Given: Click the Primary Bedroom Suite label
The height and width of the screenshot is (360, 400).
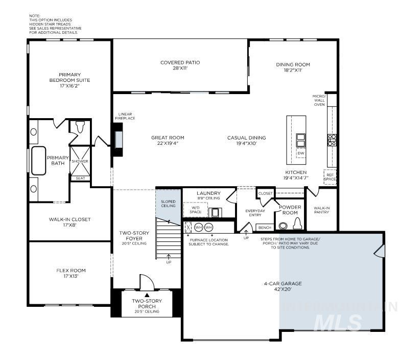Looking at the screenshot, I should [x=69, y=80].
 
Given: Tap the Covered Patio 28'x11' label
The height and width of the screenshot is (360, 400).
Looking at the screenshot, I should [x=180, y=65].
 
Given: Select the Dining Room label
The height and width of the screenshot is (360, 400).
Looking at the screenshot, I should [x=293, y=67].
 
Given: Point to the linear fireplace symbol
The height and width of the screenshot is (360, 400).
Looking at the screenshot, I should [x=119, y=139].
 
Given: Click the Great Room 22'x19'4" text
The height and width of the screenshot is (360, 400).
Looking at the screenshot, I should [x=168, y=141].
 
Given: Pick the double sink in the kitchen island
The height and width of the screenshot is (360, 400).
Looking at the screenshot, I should [x=300, y=140].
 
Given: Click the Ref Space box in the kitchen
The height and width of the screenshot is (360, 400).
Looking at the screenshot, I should [x=330, y=176].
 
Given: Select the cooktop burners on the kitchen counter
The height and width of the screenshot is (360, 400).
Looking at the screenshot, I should [x=332, y=140].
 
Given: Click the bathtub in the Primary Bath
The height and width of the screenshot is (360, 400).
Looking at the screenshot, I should [x=39, y=161].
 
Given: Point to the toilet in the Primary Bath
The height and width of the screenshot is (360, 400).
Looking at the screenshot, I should [x=80, y=126].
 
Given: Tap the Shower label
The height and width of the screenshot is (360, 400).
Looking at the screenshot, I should [x=80, y=161].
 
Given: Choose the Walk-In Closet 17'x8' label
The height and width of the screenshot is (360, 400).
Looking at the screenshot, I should [x=69, y=222].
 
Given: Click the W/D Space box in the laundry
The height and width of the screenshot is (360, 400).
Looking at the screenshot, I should [x=196, y=210].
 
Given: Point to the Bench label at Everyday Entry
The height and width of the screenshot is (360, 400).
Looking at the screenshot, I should [x=265, y=228].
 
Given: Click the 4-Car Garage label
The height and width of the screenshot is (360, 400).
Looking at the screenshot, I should [x=283, y=286].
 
